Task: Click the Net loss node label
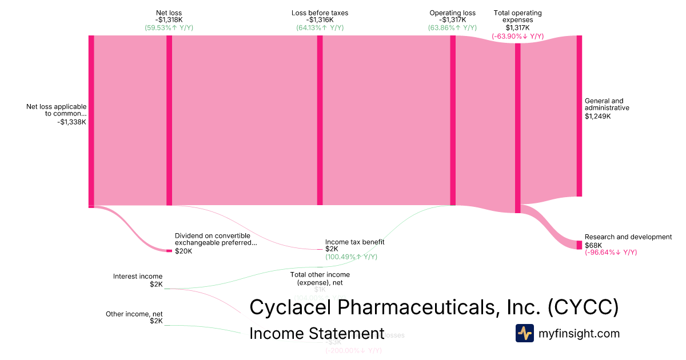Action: [169, 13]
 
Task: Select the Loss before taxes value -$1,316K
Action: [320, 20]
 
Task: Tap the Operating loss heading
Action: [452, 13]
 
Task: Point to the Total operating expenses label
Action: [517, 16]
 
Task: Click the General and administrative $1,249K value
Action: [597, 116]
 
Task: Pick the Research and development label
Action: [628, 237]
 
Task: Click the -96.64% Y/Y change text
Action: [611, 253]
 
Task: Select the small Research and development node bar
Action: [579, 245]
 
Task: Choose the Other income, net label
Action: [134, 314]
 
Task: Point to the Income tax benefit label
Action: [354, 242]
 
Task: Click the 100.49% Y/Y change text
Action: [351, 257]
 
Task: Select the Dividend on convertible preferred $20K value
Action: [184, 251]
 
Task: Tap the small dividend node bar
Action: [169, 251]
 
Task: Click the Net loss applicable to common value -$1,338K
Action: [72, 121]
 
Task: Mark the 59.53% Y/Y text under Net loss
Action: [169, 27]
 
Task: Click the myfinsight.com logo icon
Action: [524, 333]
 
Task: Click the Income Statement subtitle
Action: [317, 334]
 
